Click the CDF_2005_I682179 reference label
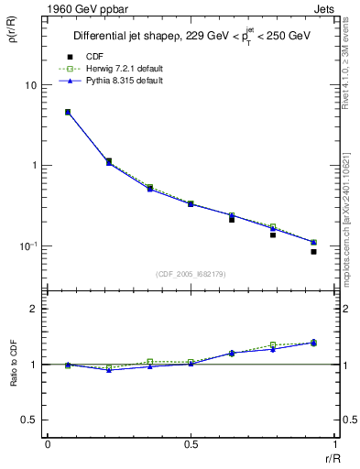pyautogui.click(x=190, y=273)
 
